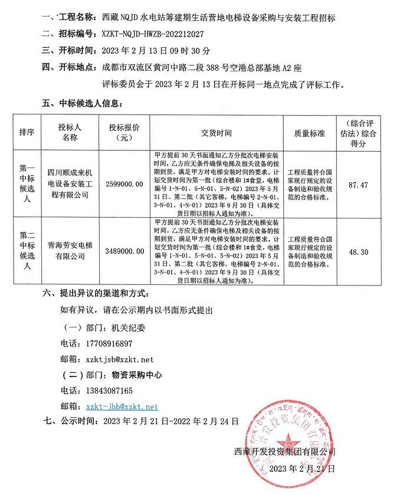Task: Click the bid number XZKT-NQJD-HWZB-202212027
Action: tap(153, 35)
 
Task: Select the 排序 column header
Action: tap(27, 133)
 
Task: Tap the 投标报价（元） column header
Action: tap(124, 133)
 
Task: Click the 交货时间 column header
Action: tap(216, 133)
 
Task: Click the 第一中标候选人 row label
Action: tap(27, 184)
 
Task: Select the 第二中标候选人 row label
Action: tap(27, 251)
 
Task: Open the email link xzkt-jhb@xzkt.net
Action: tap(122, 407)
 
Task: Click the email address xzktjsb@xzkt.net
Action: tap(119, 359)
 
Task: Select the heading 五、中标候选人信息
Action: tap(81, 103)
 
